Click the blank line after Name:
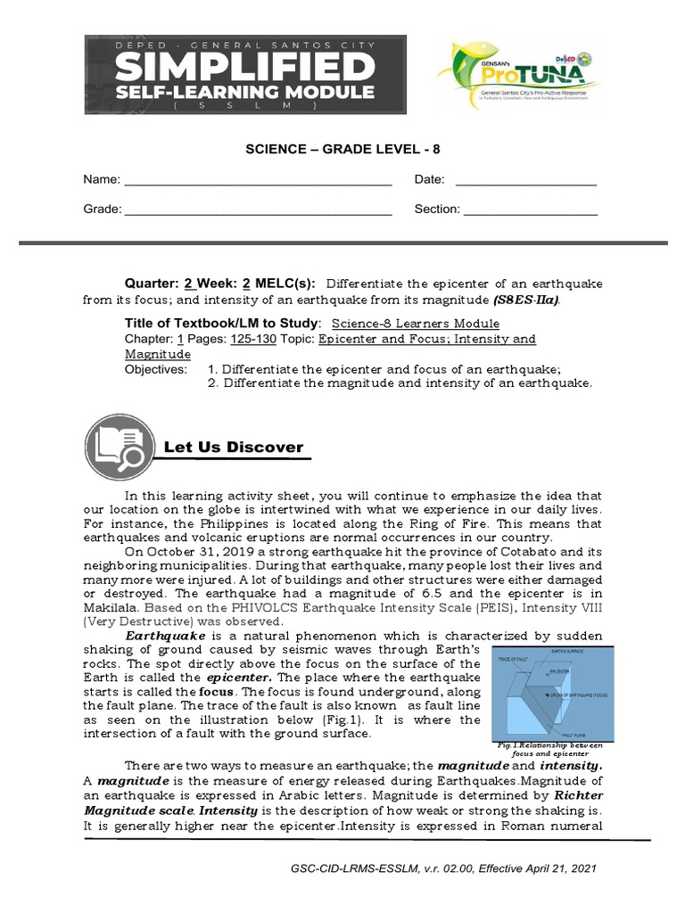click(x=258, y=181)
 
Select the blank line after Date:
click(x=525, y=181)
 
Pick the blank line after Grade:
click(x=258, y=210)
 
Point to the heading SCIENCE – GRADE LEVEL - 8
click(x=343, y=149)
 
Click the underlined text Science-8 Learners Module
click(x=415, y=324)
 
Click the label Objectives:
click(x=156, y=369)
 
